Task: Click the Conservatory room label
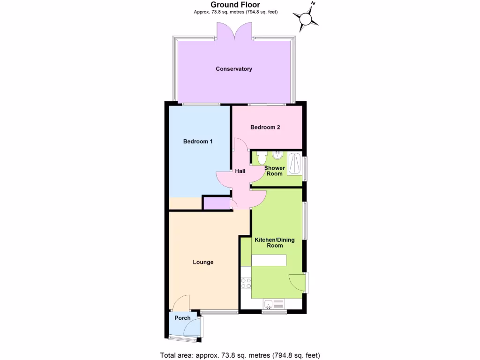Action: point(234,69)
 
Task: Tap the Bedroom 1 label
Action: point(198,141)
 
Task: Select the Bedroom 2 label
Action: point(265,127)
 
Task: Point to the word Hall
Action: point(240,171)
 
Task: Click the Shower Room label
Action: point(274,171)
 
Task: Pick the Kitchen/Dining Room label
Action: point(275,242)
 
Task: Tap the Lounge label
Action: point(203,262)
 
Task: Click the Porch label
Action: point(182,318)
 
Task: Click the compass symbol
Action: point(306,19)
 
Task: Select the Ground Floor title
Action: point(235,5)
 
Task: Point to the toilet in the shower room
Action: point(262,157)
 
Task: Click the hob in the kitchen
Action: point(246,283)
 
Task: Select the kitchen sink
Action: point(274,305)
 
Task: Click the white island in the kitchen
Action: point(269,261)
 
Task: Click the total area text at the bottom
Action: point(240,355)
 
